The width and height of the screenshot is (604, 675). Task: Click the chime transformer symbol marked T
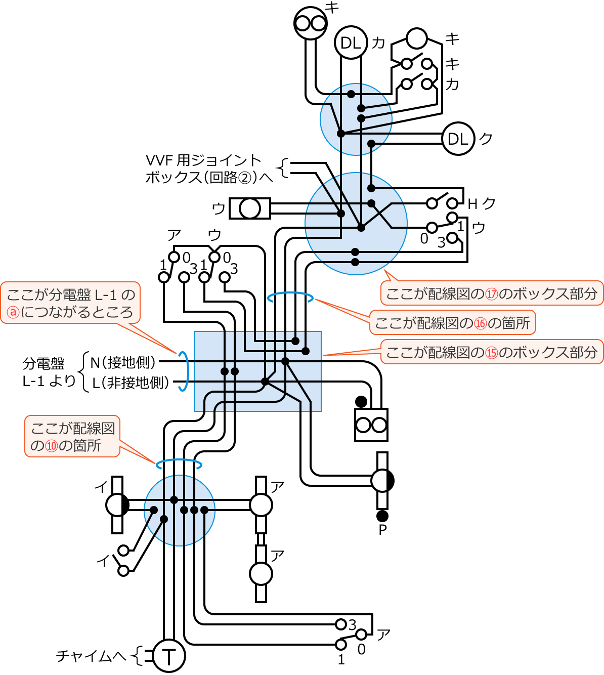169,656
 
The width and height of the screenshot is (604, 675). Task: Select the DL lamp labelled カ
350,43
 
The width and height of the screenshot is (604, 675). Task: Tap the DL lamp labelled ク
458,138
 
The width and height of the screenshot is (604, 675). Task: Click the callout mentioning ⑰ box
492,293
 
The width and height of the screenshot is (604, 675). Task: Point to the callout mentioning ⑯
452,323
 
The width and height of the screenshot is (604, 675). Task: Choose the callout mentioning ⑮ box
492,352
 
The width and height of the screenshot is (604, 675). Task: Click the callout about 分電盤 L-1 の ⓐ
70,303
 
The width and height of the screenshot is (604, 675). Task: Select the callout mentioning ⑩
72,437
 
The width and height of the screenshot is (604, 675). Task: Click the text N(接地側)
123,362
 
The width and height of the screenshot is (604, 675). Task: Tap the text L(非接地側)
131,383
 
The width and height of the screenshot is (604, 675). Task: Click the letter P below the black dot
382,530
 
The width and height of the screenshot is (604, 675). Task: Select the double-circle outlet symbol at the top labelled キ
310,23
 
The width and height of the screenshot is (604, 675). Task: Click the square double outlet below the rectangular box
371,425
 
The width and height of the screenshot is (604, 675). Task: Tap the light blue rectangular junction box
258,371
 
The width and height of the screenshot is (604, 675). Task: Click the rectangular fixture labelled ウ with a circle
250,208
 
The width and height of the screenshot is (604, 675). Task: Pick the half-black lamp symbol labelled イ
117,504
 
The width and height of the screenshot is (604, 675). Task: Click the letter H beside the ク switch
472,204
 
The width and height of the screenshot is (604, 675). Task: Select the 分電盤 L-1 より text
49,372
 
